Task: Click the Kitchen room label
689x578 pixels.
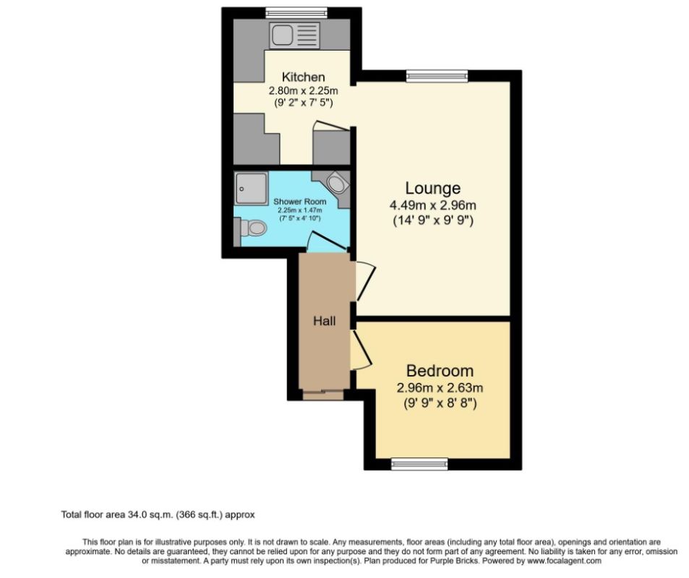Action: click(x=303, y=77)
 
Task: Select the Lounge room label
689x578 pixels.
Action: click(x=432, y=189)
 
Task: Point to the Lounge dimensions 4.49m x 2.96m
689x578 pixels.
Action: click(x=432, y=205)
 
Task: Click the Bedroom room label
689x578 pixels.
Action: click(x=440, y=371)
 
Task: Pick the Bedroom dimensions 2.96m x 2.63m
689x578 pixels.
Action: click(x=440, y=388)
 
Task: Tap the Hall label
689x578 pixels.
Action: click(x=324, y=321)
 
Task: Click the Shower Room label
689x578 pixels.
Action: click(x=299, y=202)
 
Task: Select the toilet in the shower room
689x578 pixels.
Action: click(x=252, y=228)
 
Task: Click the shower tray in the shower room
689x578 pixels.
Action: click(x=250, y=187)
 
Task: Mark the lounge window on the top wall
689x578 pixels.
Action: click(x=436, y=75)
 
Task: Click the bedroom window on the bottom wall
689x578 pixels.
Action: click(x=414, y=464)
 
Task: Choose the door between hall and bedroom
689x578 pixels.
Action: click(x=361, y=350)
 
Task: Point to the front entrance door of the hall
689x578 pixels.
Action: click(x=323, y=394)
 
